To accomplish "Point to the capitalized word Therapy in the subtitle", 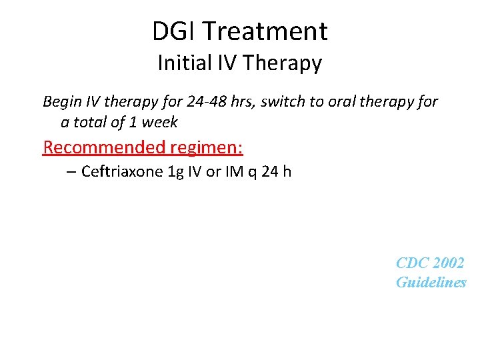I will (x=283, y=63).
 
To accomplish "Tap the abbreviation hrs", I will (x=244, y=102).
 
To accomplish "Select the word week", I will (x=160, y=123).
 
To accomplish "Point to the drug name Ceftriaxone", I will (x=122, y=172).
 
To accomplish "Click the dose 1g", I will (x=177, y=172).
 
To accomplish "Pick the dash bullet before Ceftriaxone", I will (x=72, y=172).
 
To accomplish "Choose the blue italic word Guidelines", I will (x=431, y=283).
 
